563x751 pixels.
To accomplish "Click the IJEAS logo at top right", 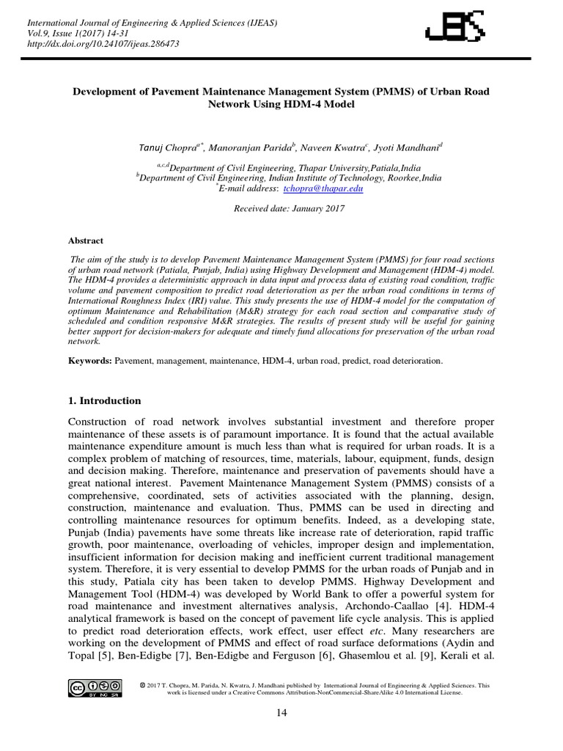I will click(455, 30).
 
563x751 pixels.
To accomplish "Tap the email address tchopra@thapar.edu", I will click(324, 188).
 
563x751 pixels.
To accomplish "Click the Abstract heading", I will click(86, 241).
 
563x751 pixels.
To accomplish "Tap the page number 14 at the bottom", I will click(281, 713).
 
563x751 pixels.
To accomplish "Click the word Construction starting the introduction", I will click(100, 422).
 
